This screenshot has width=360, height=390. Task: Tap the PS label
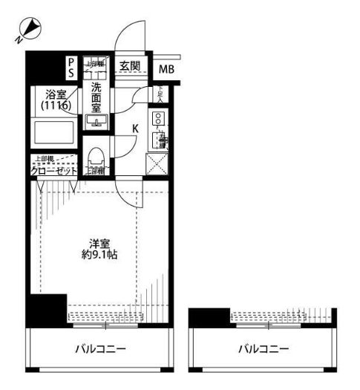coord(71,68)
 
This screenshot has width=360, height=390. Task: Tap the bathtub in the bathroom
coord(54,134)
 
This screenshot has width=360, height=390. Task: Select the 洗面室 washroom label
coord(97,97)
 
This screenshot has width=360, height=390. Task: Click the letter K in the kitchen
coord(135,129)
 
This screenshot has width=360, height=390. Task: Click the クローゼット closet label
coord(53,172)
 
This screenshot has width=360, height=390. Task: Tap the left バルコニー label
coord(100,349)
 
